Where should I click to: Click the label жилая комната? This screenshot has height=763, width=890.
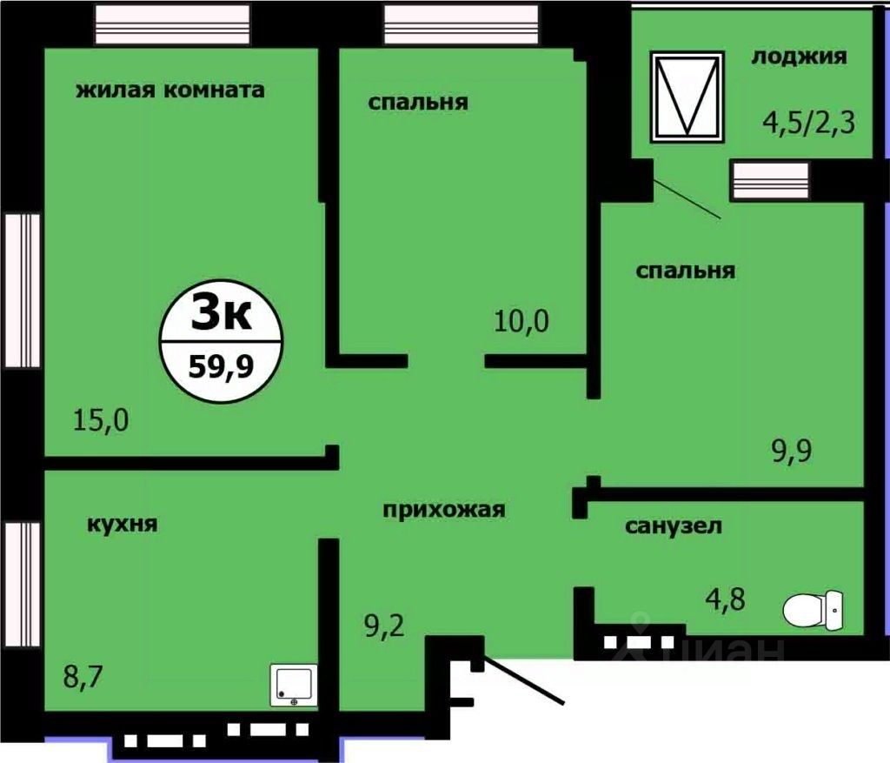click(x=169, y=90)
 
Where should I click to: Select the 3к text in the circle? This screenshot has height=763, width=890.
click(x=221, y=313)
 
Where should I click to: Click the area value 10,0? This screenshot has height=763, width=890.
click(x=521, y=322)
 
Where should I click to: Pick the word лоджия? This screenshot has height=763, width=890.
click(x=798, y=57)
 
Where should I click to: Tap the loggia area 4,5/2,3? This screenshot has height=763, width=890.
click(x=808, y=121)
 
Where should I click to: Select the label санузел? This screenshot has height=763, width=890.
click(x=673, y=525)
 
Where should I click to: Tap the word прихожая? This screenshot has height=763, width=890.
click(x=444, y=510)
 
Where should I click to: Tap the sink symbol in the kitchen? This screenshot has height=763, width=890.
click(x=294, y=685)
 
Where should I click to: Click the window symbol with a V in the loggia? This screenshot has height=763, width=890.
click(x=687, y=96)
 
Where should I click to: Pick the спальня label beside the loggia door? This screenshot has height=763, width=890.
click(x=685, y=271)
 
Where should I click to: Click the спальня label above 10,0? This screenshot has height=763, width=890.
click(x=417, y=102)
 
